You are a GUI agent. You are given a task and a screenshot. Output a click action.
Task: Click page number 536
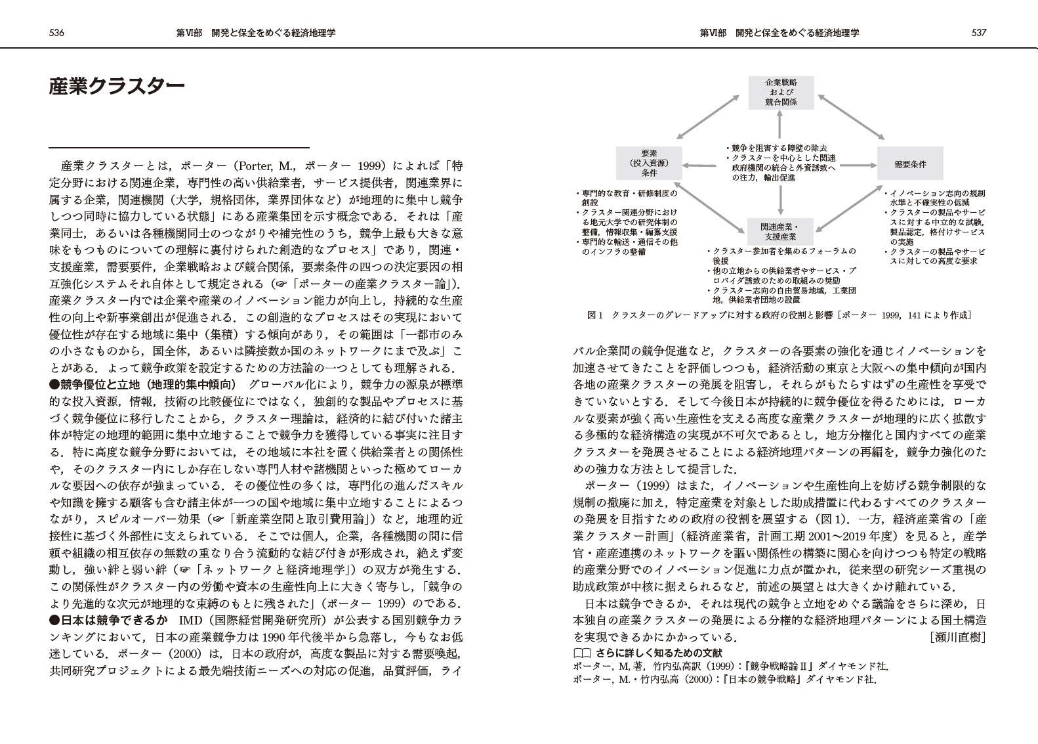click(56, 33)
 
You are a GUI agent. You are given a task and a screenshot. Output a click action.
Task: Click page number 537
click(979, 33)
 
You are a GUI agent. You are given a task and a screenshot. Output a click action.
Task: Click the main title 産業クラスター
click(117, 87)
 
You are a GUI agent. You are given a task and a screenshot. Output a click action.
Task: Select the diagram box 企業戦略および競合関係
click(781, 93)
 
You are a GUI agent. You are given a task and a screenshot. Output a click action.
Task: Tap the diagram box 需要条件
click(910, 164)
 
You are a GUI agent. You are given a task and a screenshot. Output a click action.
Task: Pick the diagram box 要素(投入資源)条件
click(649, 164)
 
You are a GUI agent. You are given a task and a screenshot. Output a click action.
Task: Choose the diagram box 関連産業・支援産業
click(781, 232)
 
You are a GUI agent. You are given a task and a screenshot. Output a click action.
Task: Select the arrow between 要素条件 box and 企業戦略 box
click(711, 117)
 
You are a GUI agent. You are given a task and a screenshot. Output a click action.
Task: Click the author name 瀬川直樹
click(957, 637)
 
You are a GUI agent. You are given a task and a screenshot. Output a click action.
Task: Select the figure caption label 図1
click(594, 315)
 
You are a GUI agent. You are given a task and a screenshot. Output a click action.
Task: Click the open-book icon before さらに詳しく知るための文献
click(581, 653)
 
